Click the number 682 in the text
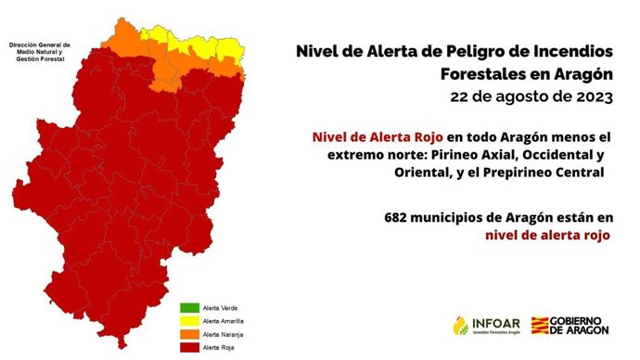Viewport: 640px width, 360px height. pos(397,216)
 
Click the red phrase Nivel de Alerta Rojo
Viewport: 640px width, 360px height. pos(371,136)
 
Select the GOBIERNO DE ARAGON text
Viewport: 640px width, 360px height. pos(582,325)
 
